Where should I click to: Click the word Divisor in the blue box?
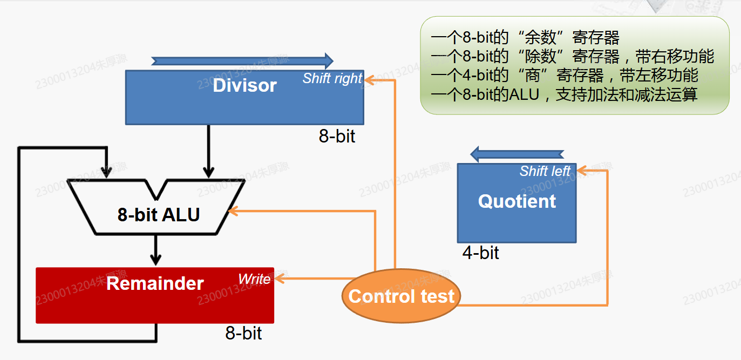245,85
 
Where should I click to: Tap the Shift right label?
332,79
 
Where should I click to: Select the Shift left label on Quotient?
545,171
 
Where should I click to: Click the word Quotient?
516,201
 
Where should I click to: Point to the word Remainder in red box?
155,283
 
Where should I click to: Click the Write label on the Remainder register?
254,279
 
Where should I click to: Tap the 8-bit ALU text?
159,214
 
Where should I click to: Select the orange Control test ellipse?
402,295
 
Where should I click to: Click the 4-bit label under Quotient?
480,253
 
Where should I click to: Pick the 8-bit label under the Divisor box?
337,136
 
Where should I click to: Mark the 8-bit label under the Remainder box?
243,333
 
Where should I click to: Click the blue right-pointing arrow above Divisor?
242,61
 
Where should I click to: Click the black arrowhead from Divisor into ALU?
208,172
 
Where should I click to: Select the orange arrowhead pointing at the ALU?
233,211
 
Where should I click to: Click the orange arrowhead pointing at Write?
280,279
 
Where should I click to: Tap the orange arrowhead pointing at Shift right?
369,80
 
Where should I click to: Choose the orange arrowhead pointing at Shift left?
582,171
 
